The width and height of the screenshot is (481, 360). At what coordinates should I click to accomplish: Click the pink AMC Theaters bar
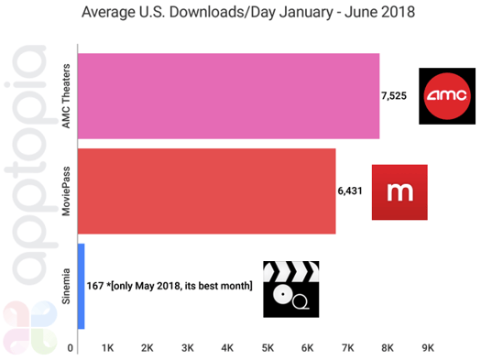(x=229, y=96)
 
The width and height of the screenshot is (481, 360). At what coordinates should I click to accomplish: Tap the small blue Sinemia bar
(x=82, y=286)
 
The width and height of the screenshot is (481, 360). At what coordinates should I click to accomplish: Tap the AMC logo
(x=448, y=95)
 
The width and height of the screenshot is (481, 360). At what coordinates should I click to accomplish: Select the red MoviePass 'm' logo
(x=399, y=191)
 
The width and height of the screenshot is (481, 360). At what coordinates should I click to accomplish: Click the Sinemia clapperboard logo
(x=290, y=288)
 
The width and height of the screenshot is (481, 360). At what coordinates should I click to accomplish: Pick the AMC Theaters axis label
(x=66, y=95)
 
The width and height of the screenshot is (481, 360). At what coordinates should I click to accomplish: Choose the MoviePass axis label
(x=66, y=191)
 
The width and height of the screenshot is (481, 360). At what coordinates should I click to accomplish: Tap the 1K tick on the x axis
(x=107, y=348)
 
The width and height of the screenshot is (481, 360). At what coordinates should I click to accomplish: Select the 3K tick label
(x=188, y=348)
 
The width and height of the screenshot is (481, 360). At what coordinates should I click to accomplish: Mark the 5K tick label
(x=268, y=348)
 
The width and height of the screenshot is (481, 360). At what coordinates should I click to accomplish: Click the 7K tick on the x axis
(x=348, y=348)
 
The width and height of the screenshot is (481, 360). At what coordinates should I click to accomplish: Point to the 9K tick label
(x=428, y=348)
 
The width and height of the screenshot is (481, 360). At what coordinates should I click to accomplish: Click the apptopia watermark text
(x=27, y=183)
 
